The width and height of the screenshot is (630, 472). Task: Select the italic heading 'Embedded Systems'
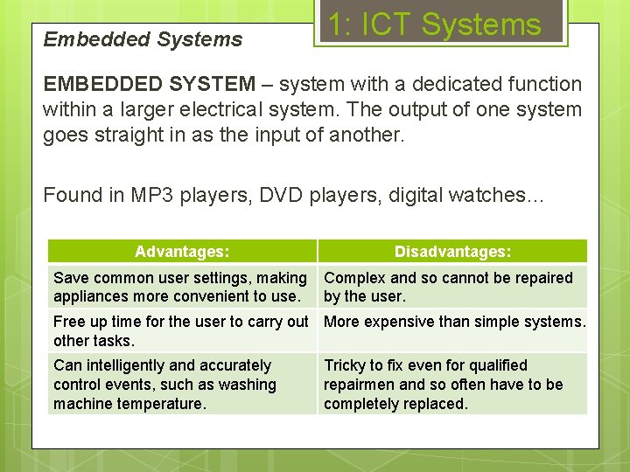(x=143, y=39)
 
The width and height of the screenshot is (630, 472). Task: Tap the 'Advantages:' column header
(x=182, y=252)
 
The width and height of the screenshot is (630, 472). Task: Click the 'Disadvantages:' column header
(x=452, y=252)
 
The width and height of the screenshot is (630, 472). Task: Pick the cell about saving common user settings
(x=180, y=287)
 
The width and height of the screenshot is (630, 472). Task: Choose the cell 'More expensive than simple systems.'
(x=454, y=322)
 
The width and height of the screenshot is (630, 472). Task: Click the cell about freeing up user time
(x=180, y=330)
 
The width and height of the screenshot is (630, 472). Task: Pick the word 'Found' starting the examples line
(x=73, y=195)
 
